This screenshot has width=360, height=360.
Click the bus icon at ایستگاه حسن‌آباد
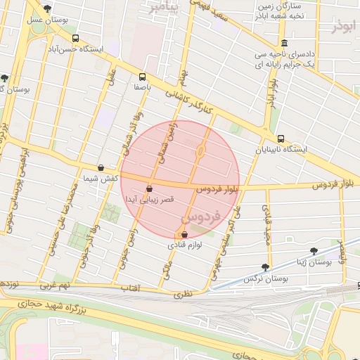click(x=75, y=39)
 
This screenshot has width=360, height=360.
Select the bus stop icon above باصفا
click(x=143, y=77)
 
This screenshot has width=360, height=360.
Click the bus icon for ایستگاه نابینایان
click(x=281, y=139)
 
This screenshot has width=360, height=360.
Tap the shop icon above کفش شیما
click(x=101, y=168)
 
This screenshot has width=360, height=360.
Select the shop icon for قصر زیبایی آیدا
click(x=149, y=188)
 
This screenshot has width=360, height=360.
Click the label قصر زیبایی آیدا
click(x=146, y=199)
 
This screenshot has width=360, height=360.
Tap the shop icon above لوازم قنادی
click(x=184, y=235)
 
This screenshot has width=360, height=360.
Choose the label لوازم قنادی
click(x=185, y=245)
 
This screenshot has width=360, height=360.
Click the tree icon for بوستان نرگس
click(x=264, y=267)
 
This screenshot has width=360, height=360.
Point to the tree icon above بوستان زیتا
click(x=314, y=250)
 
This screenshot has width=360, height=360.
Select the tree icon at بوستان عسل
click(x=46, y=9)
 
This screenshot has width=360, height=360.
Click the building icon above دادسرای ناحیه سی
click(x=284, y=43)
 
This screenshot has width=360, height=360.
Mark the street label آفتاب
click(x=131, y=288)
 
